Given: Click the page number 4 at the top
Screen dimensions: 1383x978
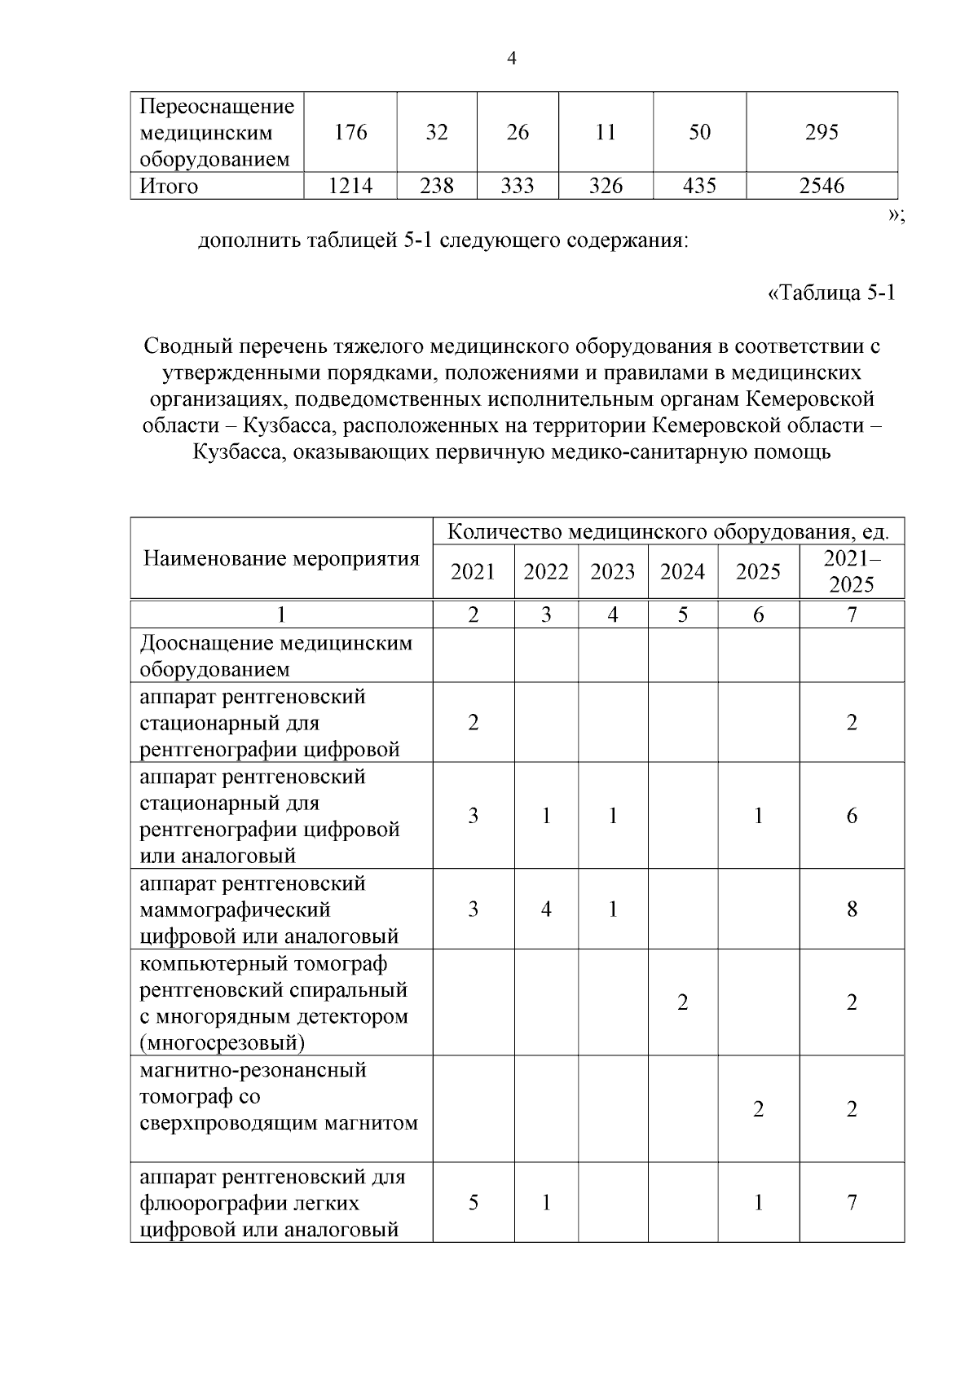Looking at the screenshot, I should point(512,59).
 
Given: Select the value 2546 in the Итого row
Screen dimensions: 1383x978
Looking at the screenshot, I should point(822,187).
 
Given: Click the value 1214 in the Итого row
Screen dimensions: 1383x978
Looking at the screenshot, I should point(350,187).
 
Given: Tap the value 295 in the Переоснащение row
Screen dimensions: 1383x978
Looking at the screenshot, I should point(822,132).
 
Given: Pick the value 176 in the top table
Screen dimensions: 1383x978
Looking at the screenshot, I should point(350,132).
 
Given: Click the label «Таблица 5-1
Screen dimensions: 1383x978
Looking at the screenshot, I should point(831,293).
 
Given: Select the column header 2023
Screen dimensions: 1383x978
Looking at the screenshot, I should point(612,571).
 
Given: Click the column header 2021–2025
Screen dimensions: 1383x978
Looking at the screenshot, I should point(852,571).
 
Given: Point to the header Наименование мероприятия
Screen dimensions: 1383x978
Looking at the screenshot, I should point(281,558).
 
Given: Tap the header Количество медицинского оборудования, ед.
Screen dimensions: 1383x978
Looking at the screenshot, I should point(667,532).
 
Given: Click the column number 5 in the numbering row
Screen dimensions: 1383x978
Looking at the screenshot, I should point(682,614).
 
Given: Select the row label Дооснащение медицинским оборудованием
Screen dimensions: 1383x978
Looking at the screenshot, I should point(276,656).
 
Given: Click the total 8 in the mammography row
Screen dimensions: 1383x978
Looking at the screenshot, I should point(852,909).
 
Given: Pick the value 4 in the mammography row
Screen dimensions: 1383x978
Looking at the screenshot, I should point(546,909).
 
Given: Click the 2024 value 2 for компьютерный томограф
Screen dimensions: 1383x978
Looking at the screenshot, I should point(682,1002).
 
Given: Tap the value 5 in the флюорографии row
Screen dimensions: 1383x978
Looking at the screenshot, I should point(474,1202).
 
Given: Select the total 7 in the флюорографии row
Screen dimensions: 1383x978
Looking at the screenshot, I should point(852,1202).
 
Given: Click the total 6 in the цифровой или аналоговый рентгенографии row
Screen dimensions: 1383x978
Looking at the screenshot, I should point(852,816).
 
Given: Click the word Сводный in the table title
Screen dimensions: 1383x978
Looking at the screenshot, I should point(187,346).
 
